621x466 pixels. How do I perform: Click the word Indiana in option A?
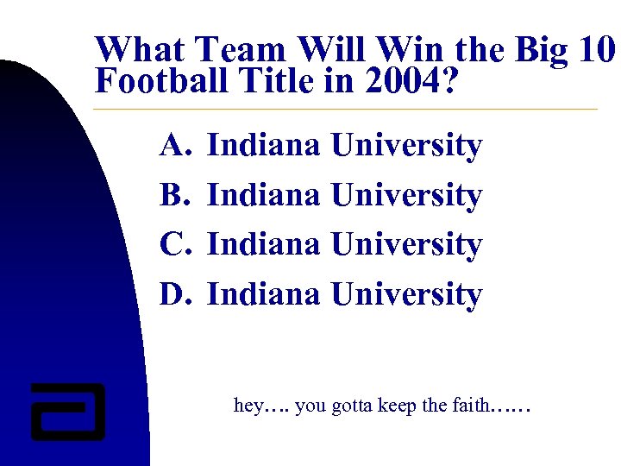click(265, 147)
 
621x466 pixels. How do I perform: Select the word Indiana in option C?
click(265, 245)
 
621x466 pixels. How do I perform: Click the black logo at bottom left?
click(67, 411)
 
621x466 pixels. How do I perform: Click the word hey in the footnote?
click(248, 405)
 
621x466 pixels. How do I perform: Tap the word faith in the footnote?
click(469, 405)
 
